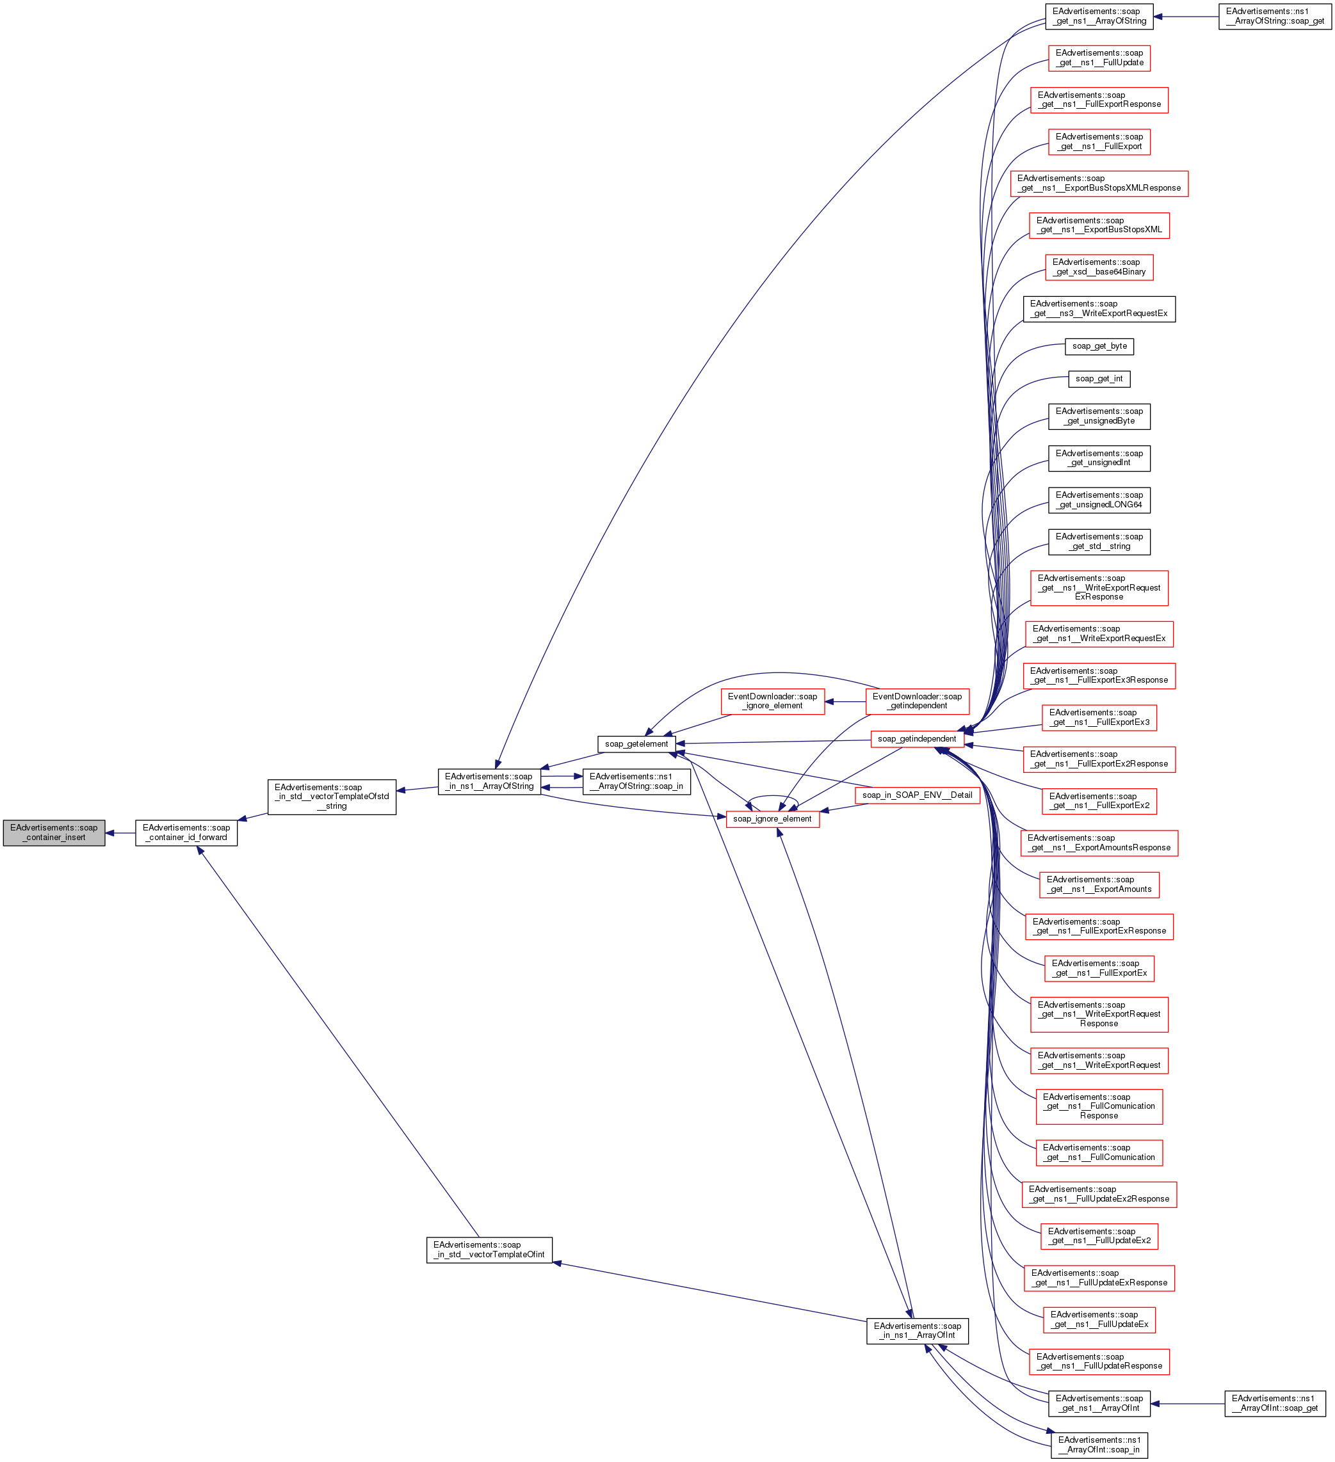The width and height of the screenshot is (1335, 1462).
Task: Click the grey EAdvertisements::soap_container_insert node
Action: pos(54,832)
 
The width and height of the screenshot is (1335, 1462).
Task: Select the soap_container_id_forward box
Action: pos(186,832)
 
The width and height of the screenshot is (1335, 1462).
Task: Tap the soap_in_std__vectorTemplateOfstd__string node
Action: pos(332,797)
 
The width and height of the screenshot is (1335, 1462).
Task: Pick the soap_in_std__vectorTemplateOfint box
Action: pos(489,1250)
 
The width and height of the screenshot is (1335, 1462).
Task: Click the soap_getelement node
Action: pos(636,744)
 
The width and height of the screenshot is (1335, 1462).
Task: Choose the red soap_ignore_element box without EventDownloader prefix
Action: pos(772,819)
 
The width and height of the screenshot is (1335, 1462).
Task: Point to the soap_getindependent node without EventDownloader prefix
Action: pos(916,739)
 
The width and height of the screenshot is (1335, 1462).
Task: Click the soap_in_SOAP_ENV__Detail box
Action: pos(917,795)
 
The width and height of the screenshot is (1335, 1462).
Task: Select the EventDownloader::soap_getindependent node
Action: pos(916,701)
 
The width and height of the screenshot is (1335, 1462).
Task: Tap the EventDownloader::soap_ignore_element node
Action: pos(772,701)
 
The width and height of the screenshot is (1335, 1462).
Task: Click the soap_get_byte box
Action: pos(1099,346)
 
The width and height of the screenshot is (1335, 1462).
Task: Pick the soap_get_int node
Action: pos(1099,379)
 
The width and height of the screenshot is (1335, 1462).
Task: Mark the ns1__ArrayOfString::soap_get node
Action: pos(1274,16)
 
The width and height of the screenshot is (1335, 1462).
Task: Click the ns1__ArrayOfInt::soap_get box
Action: pos(1274,1403)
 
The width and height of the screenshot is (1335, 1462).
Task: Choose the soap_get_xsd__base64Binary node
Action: pos(1099,267)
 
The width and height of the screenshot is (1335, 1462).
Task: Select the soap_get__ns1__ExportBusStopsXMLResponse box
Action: pos(1099,183)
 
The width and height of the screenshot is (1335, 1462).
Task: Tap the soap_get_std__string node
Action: pos(1099,542)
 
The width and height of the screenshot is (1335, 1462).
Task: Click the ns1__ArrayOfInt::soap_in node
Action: pos(1099,1445)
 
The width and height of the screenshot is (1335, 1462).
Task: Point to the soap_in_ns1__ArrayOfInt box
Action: pos(916,1331)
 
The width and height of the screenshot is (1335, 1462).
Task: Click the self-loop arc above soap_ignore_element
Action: pos(773,797)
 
